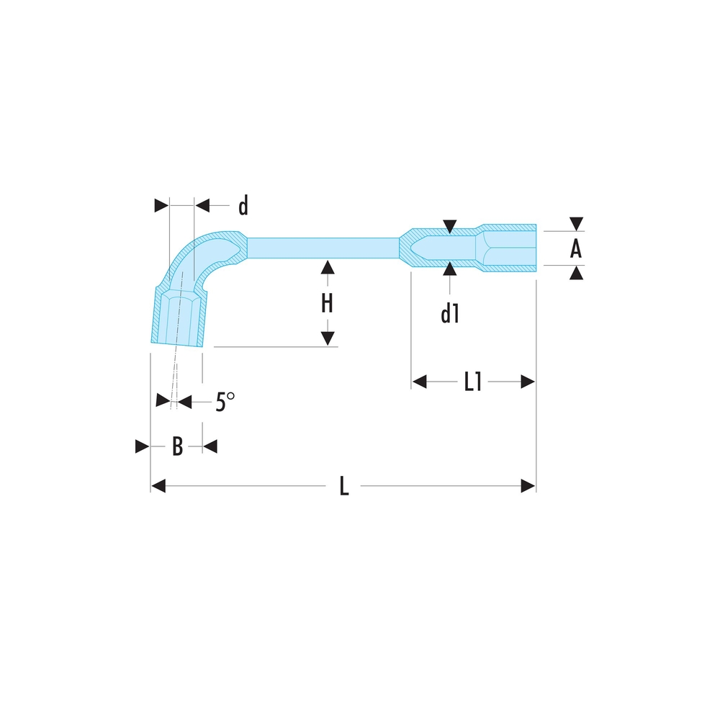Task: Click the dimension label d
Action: [243, 206]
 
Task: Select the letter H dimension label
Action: [327, 304]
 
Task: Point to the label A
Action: [575, 249]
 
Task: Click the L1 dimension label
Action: [472, 382]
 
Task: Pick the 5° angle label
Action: [225, 402]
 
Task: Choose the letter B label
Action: [177, 447]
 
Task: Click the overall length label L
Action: [344, 487]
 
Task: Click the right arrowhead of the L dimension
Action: [528, 487]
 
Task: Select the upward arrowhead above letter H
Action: [327, 267]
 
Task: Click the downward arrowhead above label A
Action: [576, 224]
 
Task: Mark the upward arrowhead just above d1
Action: [450, 270]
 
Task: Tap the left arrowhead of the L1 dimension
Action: [420, 382]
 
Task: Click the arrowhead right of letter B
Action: [210, 447]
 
